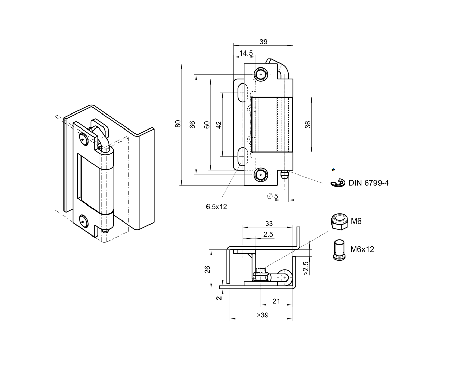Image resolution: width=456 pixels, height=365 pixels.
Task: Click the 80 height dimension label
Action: click(x=177, y=124)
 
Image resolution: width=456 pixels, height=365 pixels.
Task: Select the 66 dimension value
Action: click(x=192, y=125)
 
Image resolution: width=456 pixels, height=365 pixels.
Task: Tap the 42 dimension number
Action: click(x=219, y=125)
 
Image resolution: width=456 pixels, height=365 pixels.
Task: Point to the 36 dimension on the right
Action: click(x=308, y=125)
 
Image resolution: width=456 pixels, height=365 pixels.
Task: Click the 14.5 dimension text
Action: click(x=246, y=53)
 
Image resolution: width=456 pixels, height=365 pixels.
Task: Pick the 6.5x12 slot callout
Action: click(x=216, y=207)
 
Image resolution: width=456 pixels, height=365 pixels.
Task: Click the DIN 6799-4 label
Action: click(x=368, y=183)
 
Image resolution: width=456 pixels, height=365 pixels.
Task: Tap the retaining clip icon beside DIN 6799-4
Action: click(x=338, y=183)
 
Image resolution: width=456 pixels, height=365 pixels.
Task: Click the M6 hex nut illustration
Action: click(x=339, y=222)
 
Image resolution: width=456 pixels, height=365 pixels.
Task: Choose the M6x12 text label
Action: click(x=362, y=249)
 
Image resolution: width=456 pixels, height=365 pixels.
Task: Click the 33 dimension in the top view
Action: click(x=269, y=224)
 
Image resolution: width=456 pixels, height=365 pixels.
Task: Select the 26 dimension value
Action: click(x=207, y=270)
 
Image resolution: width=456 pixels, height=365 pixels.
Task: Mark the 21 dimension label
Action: click(x=276, y=301)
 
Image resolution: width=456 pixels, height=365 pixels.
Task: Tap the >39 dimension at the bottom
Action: click(x=263, y=315)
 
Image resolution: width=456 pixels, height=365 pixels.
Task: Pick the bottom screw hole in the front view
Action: click(x=261, y=176)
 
